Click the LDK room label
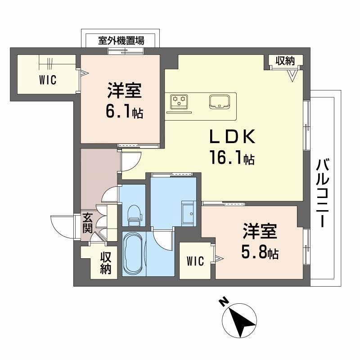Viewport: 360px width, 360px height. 232,136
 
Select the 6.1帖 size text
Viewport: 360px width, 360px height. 124,112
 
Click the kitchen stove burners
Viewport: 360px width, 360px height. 179,102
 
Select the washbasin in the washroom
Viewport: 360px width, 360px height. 188,211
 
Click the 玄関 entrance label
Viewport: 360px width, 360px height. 87,223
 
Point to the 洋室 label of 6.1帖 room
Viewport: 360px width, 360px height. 124,90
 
